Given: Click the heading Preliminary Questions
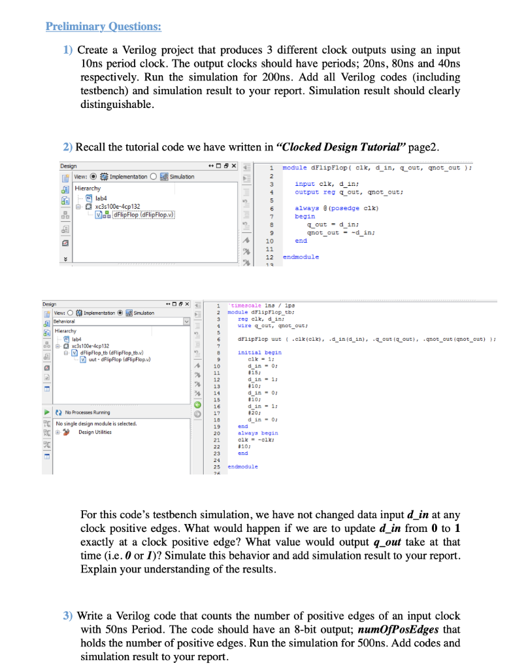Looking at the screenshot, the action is (103, 27).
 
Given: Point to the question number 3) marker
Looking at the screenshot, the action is (68, 616).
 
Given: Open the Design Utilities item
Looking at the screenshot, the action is (95, 432).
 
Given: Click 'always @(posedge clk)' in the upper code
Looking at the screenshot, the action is (333, 208).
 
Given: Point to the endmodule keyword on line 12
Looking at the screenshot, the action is (301, 256).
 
